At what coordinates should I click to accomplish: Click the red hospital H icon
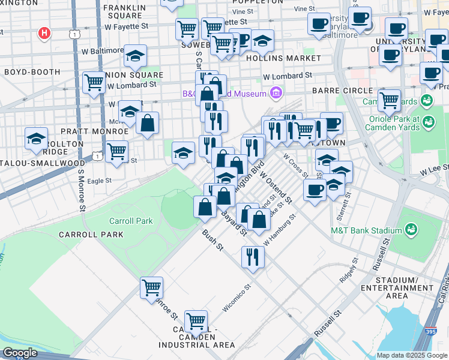click(x=44, y=33)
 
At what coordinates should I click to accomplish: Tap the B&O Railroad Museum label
click(x=224, y=94)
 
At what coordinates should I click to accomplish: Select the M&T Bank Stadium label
click(x=366, y=230)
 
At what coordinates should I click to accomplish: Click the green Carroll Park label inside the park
click(x=131, y=221)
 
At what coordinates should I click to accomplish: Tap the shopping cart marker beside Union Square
click(x=94, y=82)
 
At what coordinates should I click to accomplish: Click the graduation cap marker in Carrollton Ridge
click(x=36, y=139)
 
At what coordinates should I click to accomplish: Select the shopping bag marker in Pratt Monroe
click(x=147, y=123)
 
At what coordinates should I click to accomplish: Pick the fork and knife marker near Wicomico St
click(x=253, y=257)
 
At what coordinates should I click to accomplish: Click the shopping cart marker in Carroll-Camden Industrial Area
click(x=196, y=321)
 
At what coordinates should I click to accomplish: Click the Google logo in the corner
click(x=20, y=353)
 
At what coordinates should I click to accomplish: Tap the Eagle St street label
click(x=99, y=180)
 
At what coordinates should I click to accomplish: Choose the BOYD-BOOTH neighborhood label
click(x=25, y=71)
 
